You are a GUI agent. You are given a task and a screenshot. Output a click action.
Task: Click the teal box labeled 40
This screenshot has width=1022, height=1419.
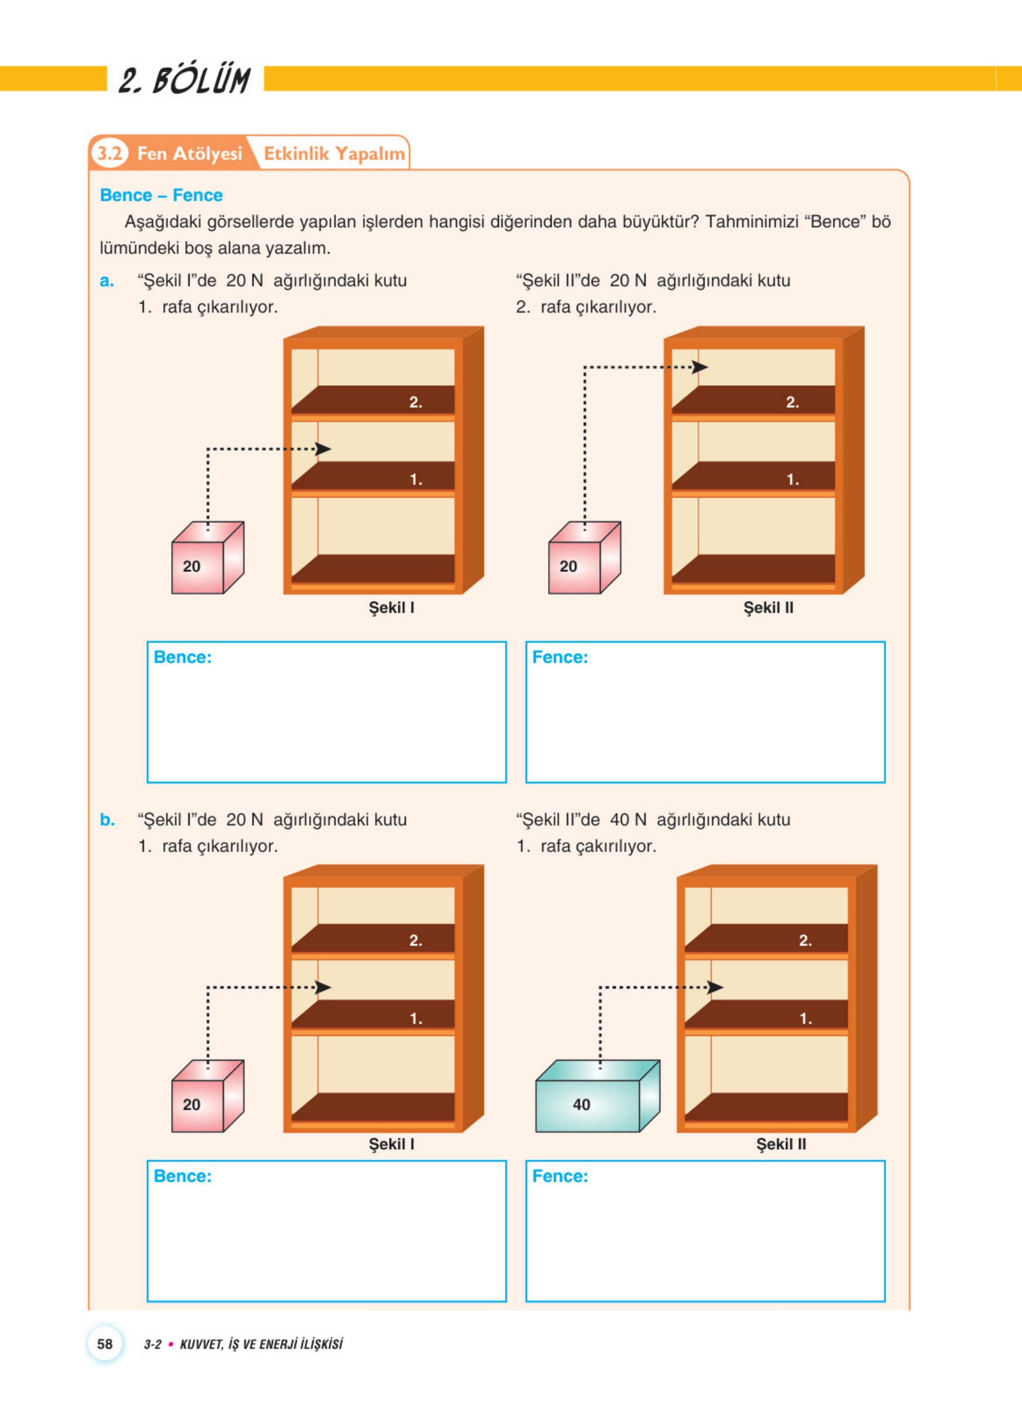click(x=597, y=1096)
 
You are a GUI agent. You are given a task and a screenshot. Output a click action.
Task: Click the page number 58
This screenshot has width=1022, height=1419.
click(x=105, y=1344)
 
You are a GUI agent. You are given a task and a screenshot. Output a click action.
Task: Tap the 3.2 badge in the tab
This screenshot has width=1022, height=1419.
click(x=110, y=153)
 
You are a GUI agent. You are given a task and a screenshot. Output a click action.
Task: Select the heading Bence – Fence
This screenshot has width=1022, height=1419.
click(x=162, y=195)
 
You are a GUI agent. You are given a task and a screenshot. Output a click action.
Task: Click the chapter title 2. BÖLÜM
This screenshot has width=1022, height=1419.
click(x=185, y=80)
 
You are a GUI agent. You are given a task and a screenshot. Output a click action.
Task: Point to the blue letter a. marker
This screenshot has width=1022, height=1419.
click(x=107, y=281)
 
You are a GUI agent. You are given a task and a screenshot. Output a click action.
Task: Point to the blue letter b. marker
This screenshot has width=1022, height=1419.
click(x=108, y=820)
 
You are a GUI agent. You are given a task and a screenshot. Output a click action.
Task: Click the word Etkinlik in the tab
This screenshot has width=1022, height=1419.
click(x=296, y=154)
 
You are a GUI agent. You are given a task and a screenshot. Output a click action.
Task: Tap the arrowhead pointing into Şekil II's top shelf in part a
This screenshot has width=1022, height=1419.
click(x=700, y=367)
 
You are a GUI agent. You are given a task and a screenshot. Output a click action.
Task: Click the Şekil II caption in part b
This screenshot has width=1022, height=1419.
click(x=781, y=1144)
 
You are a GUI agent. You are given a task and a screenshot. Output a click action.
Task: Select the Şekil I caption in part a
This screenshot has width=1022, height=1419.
click(x=391, y=608)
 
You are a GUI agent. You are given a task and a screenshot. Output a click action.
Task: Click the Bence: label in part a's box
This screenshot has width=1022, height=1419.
click(x=183, y=657)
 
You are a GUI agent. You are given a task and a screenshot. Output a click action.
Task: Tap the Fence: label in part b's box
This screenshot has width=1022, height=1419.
click(x=560, y=1176)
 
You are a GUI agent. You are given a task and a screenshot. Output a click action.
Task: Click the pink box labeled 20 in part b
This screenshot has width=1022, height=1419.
click(x=208, y=1096)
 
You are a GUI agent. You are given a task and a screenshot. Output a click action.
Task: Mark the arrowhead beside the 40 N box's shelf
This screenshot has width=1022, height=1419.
click(x=715, y=988)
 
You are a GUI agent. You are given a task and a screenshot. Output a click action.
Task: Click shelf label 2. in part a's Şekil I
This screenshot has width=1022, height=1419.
click(x=416, y=402)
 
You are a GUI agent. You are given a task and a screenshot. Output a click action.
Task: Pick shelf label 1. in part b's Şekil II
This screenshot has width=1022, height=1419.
click(x=806, y=1019)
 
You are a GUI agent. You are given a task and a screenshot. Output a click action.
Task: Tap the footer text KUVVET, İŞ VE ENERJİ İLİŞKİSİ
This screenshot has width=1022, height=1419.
click(x=261, y=1345)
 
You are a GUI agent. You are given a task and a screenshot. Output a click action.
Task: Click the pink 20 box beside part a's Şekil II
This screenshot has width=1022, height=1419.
click(x=585, y=557)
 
